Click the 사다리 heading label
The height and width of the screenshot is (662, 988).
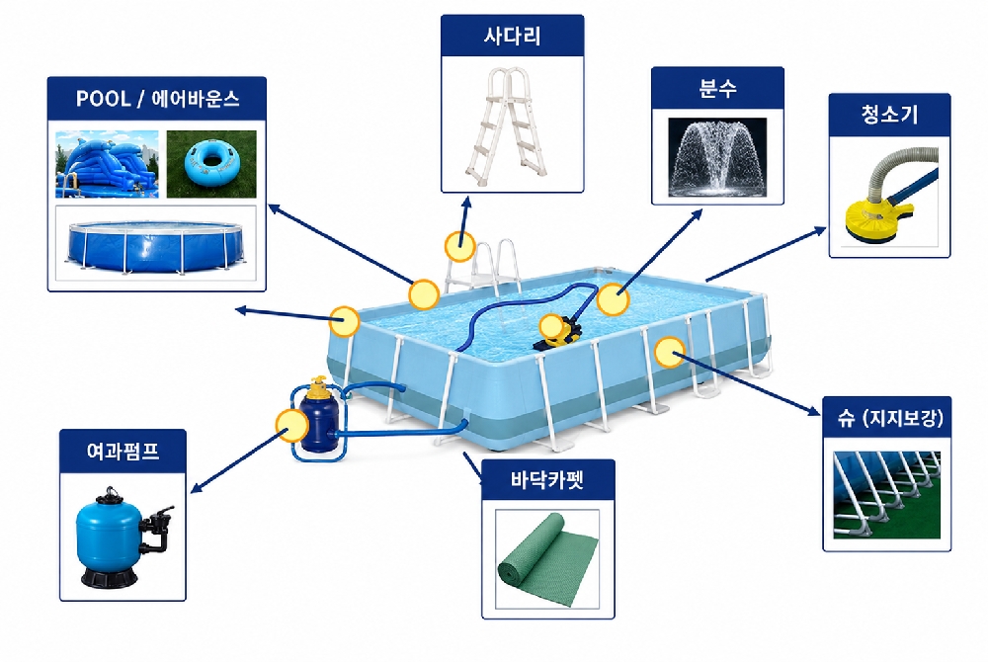tap(512, 36)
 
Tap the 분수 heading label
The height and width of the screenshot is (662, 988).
tap(717, 88)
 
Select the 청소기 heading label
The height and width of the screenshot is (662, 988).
tap(889, 115)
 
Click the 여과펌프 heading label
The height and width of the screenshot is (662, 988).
tap(123, 451)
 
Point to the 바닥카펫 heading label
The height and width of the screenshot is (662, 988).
tap(547, 480)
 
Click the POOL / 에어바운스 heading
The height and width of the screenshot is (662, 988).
tap(157, 99)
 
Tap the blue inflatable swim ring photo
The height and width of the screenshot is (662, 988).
tap(211, 164)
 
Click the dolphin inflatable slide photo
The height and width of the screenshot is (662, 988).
tap(107, 164)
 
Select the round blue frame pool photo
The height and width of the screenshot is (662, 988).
tap(156, 243)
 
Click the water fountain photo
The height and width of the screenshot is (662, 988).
tap(717, 157)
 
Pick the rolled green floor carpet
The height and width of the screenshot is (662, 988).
tap(547, 559)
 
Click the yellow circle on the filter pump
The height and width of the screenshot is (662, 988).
tap(292, 425)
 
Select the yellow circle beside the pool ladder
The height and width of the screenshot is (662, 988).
tap(460, 246)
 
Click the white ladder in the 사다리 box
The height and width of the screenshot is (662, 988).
tap(506, 122)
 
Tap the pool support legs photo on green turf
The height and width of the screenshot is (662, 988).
tap(887, 495)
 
